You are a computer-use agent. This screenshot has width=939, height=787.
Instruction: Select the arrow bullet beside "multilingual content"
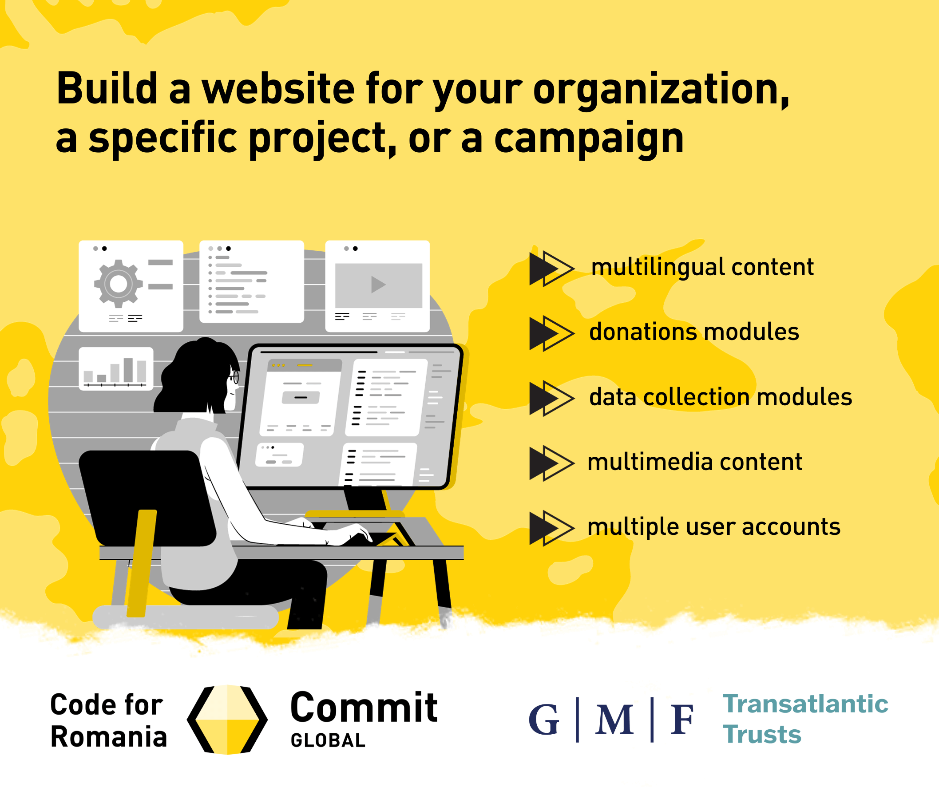[551, 268]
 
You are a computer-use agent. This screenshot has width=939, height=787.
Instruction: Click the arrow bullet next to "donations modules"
[551, 333]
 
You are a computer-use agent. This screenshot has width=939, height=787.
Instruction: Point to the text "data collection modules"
[721, 397]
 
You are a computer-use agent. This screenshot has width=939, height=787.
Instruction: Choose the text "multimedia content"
[694, 462]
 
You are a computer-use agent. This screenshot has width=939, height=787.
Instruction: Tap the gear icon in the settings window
[118, 284]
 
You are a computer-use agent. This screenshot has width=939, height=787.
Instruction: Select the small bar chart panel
[116, 369]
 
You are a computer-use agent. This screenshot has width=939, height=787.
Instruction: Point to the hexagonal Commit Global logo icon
[227, 720]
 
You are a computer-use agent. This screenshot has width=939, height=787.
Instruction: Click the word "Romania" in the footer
[109, 736]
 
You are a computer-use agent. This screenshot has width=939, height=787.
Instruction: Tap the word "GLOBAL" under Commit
[328, 740]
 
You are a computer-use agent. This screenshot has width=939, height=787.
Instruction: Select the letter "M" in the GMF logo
[614, 720]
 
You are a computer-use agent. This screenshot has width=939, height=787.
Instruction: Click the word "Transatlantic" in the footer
[805, 704]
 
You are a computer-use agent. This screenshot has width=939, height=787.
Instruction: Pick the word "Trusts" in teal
[762, 735]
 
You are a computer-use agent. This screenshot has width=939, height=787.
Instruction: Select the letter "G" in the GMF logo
[544, 720]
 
